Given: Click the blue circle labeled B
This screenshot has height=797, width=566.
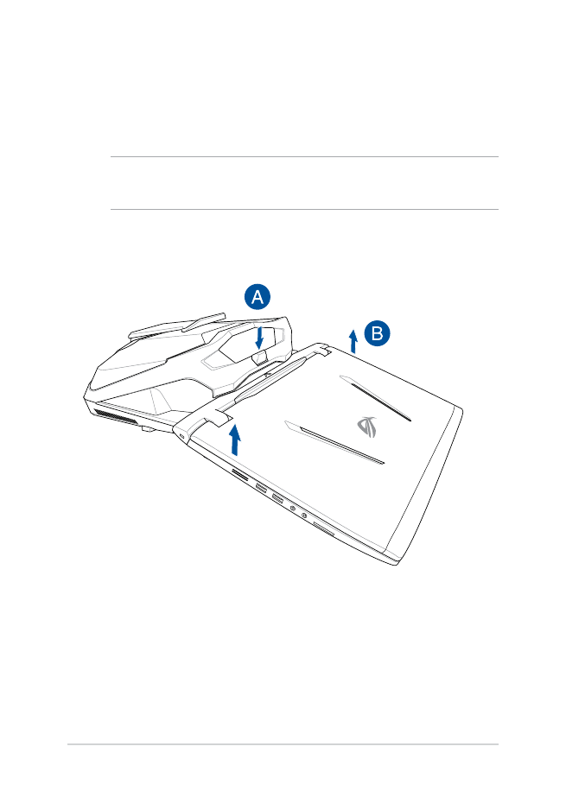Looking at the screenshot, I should pyautogui.click(x=378, y=332).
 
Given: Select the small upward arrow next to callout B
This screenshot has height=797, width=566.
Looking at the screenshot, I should pyautogui.click(x=353, y=341).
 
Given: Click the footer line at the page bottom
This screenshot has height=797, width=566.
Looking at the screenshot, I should pyautogui.click(x=283, y=744).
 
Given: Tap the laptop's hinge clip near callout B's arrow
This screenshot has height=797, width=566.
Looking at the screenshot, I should pyautogui.click(x=320, y=350).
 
